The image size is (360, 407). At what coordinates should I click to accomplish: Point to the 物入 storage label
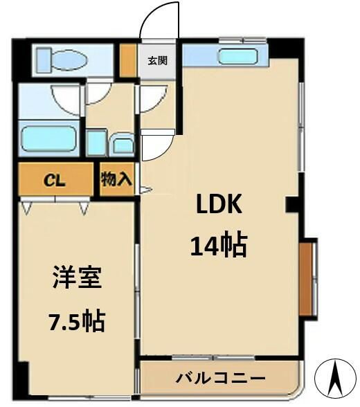[116, 180]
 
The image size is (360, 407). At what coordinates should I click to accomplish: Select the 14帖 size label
[219, 244]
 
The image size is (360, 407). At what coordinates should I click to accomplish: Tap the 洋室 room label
[77, 279]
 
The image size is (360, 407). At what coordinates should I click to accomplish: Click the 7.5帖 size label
[76, 320]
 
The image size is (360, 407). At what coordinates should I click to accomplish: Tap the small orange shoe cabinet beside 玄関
[127, 61]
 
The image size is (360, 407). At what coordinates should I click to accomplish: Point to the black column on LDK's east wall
[292, 204]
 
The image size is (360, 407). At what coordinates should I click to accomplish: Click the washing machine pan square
[97, 143]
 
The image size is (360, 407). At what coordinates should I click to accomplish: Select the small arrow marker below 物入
[145, 188]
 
